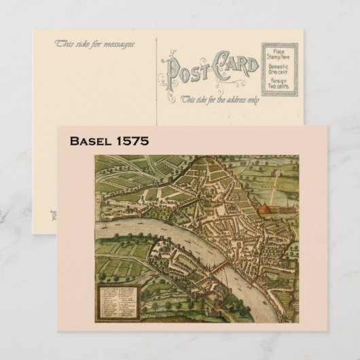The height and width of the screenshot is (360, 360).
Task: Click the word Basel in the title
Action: coord(90,141)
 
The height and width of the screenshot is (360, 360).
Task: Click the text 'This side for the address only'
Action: coord(219,99)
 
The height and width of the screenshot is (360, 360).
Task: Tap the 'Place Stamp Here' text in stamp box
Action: coord(278,54)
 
